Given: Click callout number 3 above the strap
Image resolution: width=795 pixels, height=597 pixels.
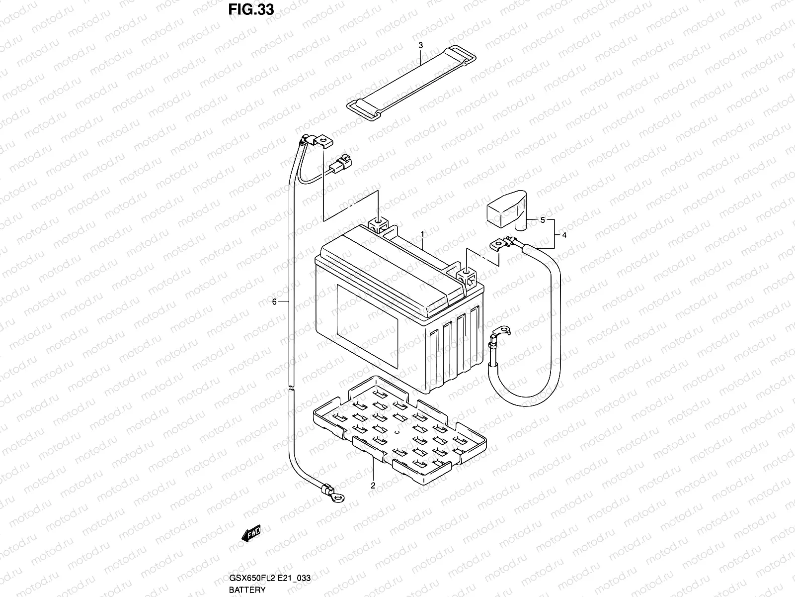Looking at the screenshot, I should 420,45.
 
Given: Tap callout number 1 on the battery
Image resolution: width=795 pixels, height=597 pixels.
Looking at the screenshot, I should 422,233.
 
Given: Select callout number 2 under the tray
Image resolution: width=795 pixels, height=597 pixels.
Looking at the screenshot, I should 373,486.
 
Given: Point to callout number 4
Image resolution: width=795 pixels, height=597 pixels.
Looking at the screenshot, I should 564,235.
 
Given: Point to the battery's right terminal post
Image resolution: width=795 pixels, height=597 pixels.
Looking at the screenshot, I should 467,273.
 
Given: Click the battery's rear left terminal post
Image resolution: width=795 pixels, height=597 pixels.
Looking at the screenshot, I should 378,222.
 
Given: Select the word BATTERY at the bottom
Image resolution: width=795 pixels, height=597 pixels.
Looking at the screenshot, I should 247,590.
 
